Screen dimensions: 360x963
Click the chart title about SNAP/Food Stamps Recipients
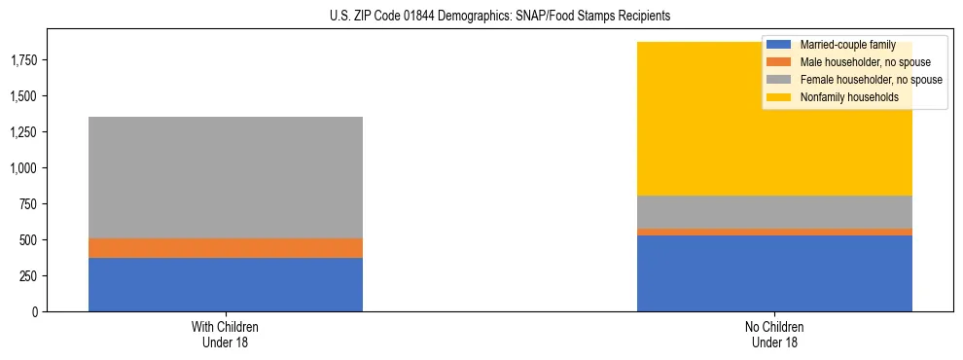pos(481,17)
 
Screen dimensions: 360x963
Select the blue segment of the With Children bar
pos(226,284)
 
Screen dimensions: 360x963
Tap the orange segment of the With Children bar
pos(226,248)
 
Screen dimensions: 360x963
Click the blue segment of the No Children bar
pos(774,273)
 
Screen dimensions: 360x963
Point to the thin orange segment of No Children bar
pos(774,232)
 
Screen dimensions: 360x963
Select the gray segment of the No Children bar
pos(774,212)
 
